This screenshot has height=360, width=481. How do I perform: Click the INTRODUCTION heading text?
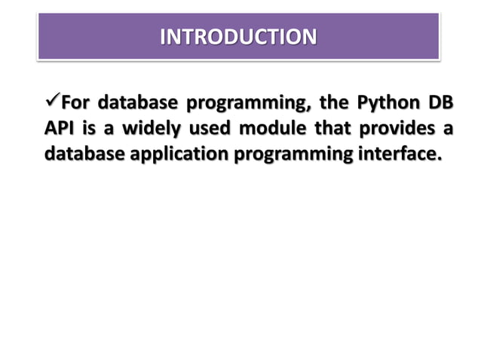[x=239, y=36]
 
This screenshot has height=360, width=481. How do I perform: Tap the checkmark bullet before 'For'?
[x=51, y=100]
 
